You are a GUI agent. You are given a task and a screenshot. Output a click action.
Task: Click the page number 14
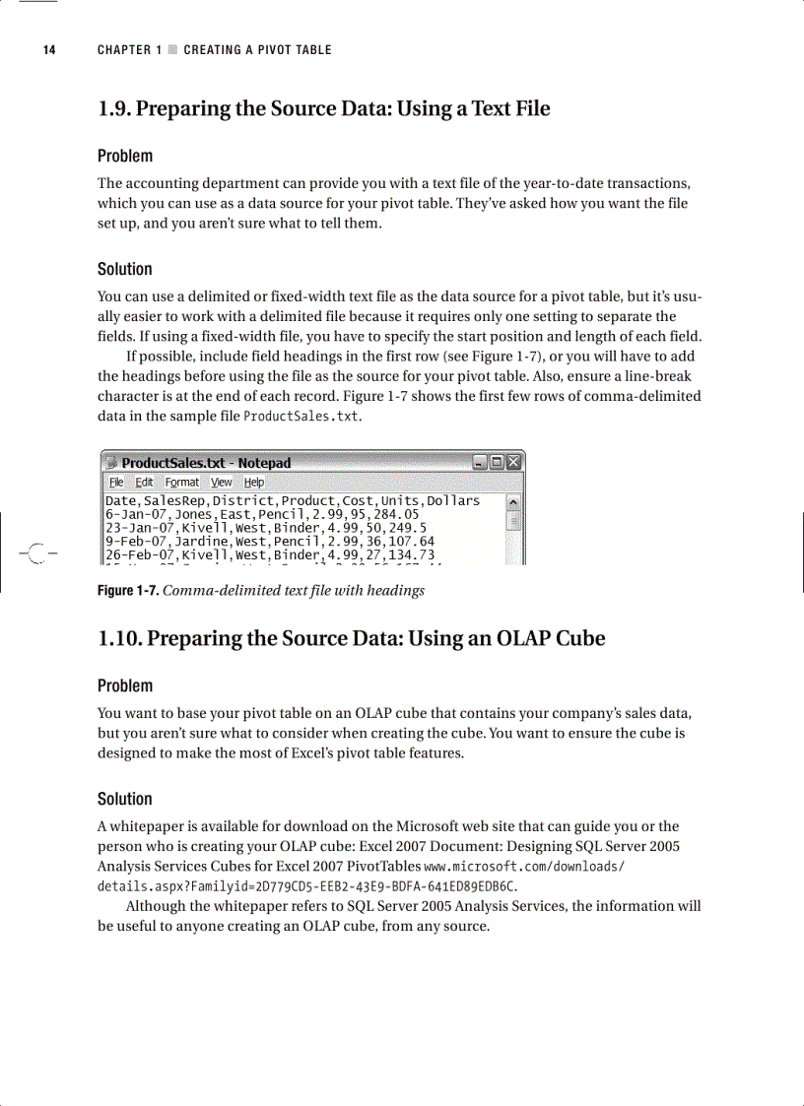(49, 50)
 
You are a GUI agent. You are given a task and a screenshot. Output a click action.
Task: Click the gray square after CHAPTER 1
(172, 50)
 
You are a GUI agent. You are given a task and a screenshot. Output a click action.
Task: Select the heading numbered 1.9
(323, 109)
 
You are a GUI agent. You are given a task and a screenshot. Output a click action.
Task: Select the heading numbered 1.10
(351, 639)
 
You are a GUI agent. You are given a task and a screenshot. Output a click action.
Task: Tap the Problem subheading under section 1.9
(125, 156)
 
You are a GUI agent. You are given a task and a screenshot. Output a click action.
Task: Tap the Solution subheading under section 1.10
(125, 799)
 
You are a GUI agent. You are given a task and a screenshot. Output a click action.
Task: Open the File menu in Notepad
(116, 483)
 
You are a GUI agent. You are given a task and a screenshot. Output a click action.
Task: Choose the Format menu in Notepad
(181, 483)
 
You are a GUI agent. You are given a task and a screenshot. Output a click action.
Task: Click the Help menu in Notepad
(253, 483)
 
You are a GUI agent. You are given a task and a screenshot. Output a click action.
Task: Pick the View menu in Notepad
(222, 483)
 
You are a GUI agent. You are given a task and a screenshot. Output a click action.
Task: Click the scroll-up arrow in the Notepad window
(513, 502)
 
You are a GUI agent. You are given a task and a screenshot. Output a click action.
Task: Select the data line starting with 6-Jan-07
(262, 514)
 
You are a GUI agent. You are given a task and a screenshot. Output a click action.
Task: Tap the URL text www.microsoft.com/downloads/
(525, 867)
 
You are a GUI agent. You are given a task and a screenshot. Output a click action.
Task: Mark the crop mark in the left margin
(36, 554)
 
